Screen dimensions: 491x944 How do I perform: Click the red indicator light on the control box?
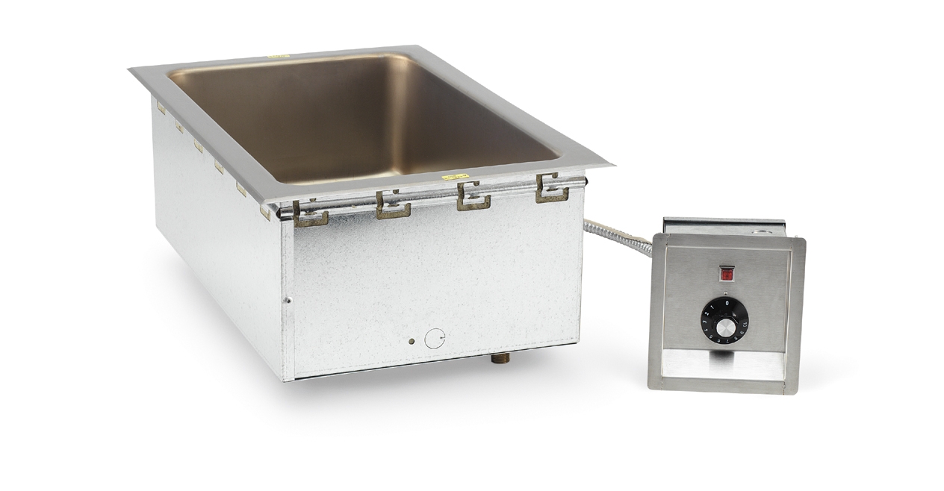pos(725,275)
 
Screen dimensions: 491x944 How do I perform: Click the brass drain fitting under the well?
pos(497,360)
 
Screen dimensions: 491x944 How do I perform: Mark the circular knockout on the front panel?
pos(434,340)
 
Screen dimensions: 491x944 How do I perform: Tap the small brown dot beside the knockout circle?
pos(411,341)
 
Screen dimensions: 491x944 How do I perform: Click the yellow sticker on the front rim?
pos(450,178)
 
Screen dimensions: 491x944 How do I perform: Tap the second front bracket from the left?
pos(393,204)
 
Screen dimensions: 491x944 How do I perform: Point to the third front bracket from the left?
pos(473,196)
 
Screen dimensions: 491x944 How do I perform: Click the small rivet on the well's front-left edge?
pos(288,300)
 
